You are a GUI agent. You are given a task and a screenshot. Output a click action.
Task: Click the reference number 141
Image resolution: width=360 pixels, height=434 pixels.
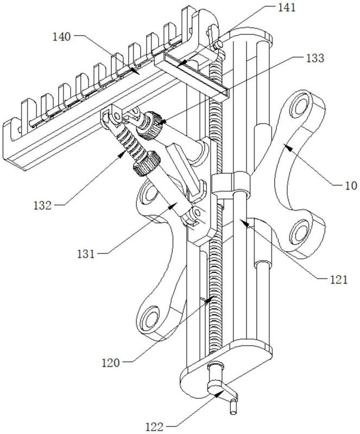(287, 8)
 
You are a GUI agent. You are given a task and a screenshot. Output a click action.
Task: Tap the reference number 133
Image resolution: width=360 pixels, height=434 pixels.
(315, 58)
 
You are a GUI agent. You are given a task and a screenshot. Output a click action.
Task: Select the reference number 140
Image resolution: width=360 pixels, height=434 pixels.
(62, 36)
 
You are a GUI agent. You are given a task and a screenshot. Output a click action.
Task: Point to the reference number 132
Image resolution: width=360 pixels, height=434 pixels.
(43, 206)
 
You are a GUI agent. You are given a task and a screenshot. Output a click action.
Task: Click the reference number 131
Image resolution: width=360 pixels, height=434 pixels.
(86, 254)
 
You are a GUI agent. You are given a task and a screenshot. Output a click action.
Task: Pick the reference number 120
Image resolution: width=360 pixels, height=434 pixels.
(111, 362)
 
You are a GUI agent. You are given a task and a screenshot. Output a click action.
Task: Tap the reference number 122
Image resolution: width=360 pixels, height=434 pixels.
(155, 426)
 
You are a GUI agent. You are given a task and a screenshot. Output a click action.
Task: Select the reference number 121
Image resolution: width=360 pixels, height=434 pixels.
(338, 280)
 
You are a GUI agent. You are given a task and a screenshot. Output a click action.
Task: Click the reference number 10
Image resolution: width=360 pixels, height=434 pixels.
(351, 186)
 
